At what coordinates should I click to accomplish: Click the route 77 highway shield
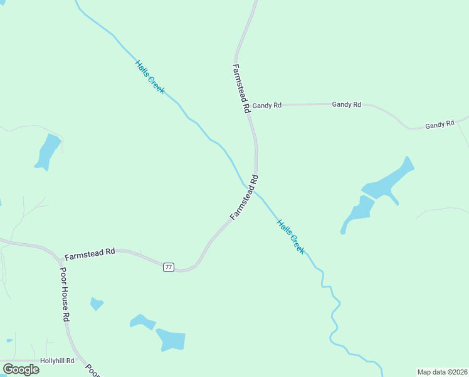coord(168,267)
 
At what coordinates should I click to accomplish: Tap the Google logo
coord(21,369)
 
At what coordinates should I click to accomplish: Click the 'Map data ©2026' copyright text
coord(442,371)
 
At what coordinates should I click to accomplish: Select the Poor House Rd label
coord(64,294)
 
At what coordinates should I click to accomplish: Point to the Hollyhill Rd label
coord(57,361)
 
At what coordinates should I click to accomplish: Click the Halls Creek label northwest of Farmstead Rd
coord(150,77)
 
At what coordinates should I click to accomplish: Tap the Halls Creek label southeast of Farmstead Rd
coord(291,236)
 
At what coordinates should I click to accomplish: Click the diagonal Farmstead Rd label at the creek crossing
coord(245,197)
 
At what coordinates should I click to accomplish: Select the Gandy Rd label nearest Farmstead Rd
coord(266,106)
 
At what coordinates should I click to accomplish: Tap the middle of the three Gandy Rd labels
coord(346,104)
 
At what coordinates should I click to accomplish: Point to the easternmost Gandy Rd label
coord(439,125)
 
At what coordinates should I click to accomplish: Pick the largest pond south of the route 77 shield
coord(171,339)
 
